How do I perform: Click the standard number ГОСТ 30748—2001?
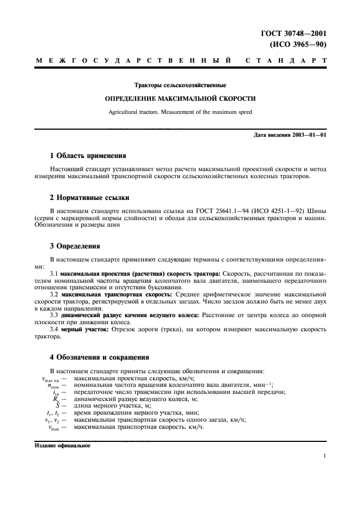[299, 34]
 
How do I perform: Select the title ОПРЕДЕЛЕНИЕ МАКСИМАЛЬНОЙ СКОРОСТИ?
[180, 99]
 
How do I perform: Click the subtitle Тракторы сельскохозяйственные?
[180, 86]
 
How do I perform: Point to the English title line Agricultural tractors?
[180, 112]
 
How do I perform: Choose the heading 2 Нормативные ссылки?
[90, 197]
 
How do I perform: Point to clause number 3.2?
[54, 294]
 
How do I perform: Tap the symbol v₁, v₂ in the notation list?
[53, 420]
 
